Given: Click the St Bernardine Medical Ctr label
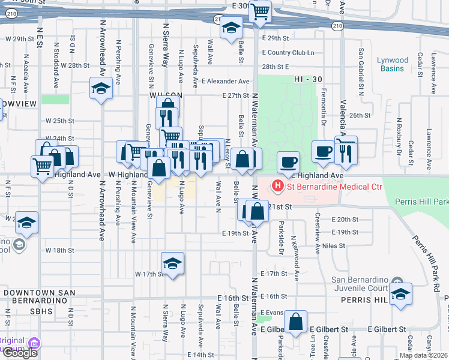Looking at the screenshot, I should (334, 186).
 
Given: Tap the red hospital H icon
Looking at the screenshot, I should (277, 186).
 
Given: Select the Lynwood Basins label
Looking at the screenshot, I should (393, 64).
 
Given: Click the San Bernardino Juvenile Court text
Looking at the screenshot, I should (360, 285).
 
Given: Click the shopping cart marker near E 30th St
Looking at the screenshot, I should (260, 11).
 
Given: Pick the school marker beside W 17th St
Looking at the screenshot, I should (172, 263).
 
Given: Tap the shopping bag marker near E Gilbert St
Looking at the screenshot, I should (295, 322).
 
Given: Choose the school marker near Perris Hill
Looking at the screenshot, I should (400, 295).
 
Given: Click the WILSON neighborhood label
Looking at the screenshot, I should (166, 95).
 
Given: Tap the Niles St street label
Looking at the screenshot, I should (334, 245).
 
